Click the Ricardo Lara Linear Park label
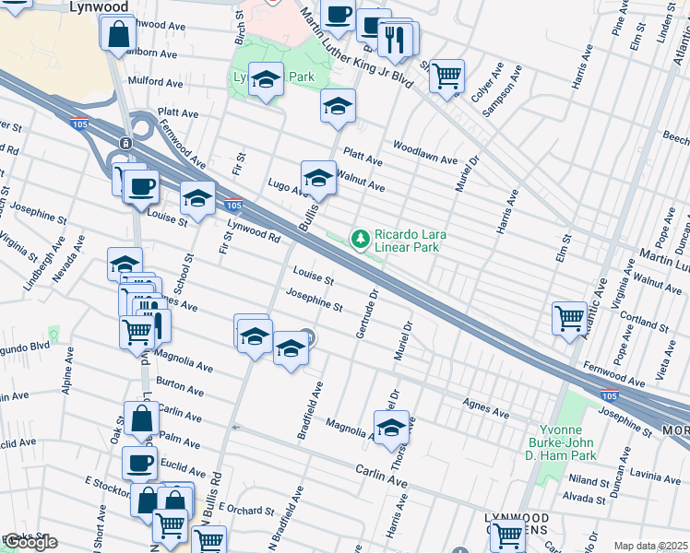tap(410, 241)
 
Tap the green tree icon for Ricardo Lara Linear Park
tap(361, 240)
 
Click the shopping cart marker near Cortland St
tap(569, 318)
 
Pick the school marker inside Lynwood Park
tap(266, 81)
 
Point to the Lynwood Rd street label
tap(253, 230)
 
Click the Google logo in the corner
tap(30, 542)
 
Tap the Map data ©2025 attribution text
tap(650, 546)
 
